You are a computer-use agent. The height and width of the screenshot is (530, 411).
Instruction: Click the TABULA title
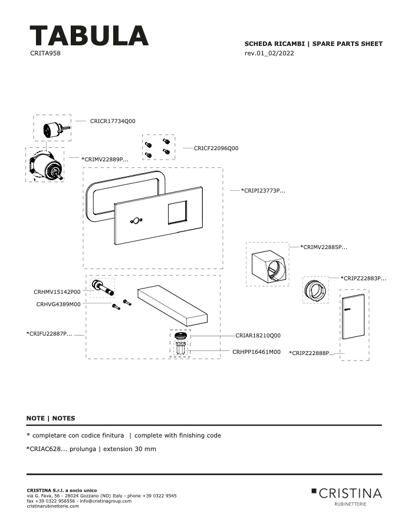(89, 35)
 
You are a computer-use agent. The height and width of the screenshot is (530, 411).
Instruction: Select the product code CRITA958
(45, 53)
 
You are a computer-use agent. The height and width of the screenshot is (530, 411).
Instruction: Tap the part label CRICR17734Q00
(113, 121)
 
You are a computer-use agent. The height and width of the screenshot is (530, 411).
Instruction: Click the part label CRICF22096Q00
(216, 148)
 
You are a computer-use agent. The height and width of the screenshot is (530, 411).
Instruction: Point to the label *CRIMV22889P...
(105, 159)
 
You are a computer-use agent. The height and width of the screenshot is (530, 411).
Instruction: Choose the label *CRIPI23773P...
(263, 191)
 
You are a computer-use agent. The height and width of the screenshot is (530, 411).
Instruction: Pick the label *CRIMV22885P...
(324, 247)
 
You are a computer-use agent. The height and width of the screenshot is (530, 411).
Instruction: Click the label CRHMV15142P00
(57, 292)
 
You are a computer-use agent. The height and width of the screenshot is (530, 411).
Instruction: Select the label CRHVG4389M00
(58, 304)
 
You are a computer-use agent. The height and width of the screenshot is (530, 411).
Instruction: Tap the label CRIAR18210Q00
(258, 336)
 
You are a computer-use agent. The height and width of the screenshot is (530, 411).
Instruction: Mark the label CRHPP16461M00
(257, 352)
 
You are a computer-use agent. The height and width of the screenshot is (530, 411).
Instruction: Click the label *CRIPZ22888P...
(312, 353)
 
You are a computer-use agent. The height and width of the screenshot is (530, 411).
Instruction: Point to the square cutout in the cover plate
(177, 212)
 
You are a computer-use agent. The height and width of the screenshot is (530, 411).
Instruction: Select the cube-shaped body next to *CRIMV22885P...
(269, 266)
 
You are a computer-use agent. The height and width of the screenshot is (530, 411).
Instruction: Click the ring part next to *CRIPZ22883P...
(316, 290)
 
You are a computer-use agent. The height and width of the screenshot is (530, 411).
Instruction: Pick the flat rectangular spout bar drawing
(173, 305)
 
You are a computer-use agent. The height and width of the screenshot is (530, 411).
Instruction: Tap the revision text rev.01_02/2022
(269, 53)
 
